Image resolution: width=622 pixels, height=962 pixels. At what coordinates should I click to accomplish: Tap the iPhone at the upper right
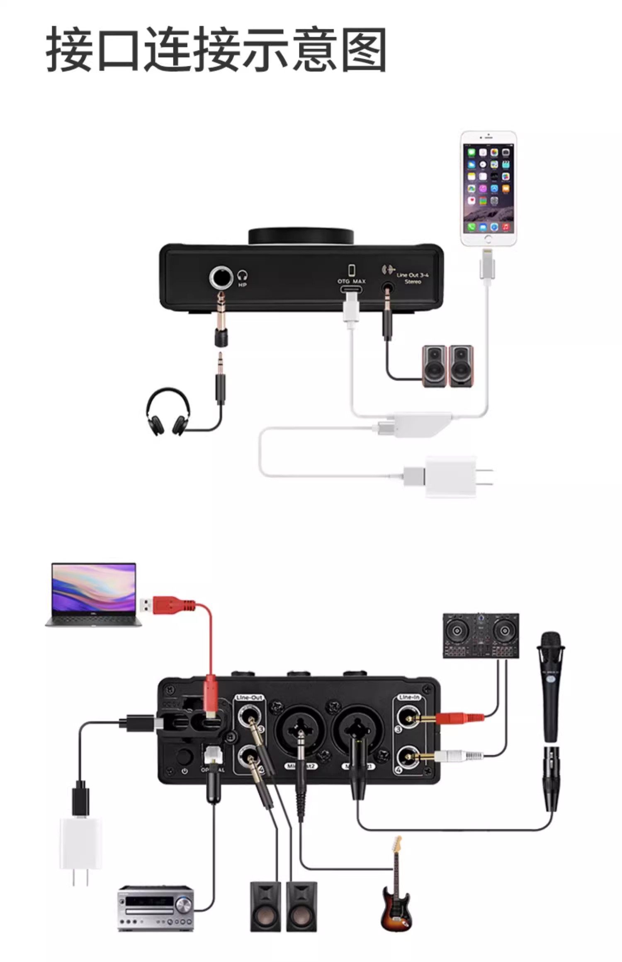pos(489,189)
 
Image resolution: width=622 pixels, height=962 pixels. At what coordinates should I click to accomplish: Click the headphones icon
pos(168,412)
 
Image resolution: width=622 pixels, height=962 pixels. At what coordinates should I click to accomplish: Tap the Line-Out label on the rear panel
pos(249,698)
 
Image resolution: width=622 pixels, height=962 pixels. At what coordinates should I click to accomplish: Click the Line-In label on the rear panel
pos(409,697)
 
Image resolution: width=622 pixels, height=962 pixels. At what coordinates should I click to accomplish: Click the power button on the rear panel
pos(183,757)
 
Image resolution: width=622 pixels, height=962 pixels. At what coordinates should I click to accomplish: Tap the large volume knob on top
pos(301,236)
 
